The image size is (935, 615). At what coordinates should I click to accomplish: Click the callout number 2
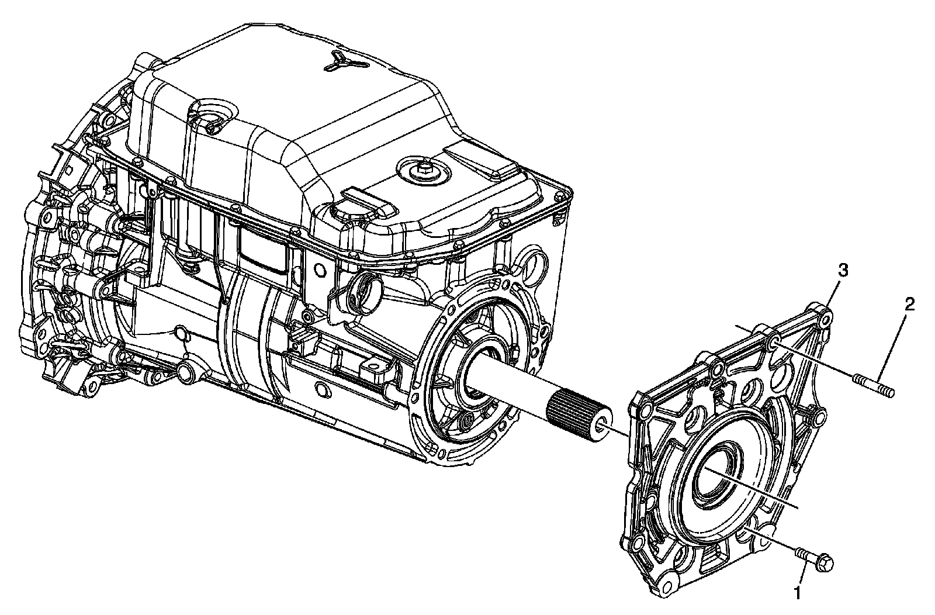pos(910,305)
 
